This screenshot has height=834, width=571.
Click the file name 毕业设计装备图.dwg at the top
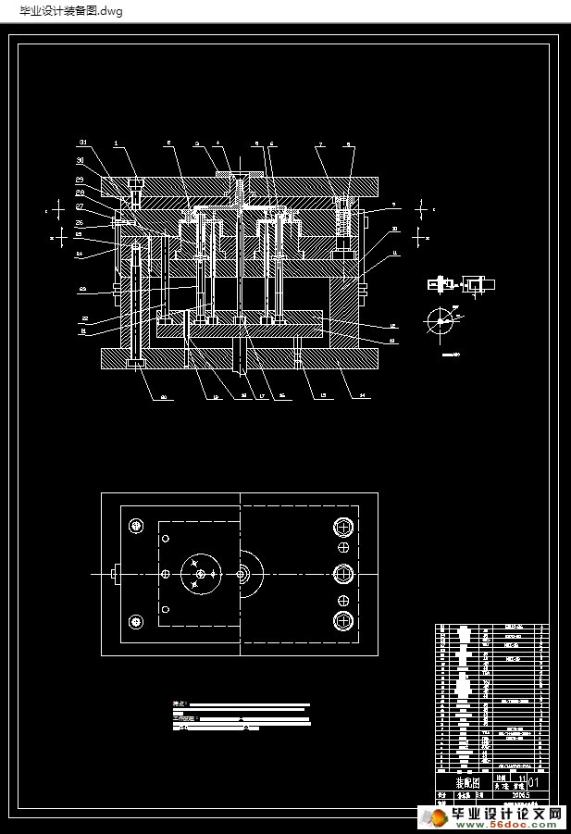(62, 10)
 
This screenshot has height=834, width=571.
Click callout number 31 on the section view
(82, 143)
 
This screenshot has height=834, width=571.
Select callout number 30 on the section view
(80, 160)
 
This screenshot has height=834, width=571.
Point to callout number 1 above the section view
(117, 143)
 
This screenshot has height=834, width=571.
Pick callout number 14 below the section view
(362, 396)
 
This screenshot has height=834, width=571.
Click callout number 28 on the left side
(80, 192)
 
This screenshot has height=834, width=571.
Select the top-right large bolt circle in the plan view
(343, 527)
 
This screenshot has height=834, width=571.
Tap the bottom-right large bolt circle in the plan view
(343, 620)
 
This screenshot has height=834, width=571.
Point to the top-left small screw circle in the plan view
(138, 526)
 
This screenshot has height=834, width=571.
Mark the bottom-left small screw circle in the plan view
(138, 621)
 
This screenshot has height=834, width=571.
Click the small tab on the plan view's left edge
(114, 574)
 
